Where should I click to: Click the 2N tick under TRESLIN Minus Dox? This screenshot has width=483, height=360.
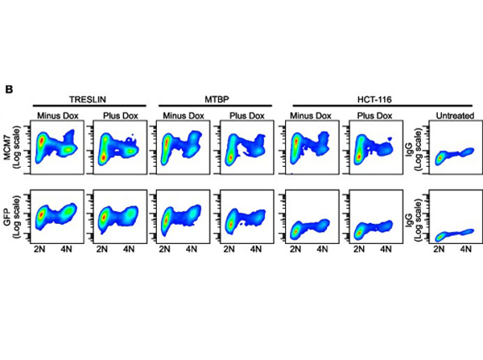click(40, 250)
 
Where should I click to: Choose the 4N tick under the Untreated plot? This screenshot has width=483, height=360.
click(465, 250)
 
